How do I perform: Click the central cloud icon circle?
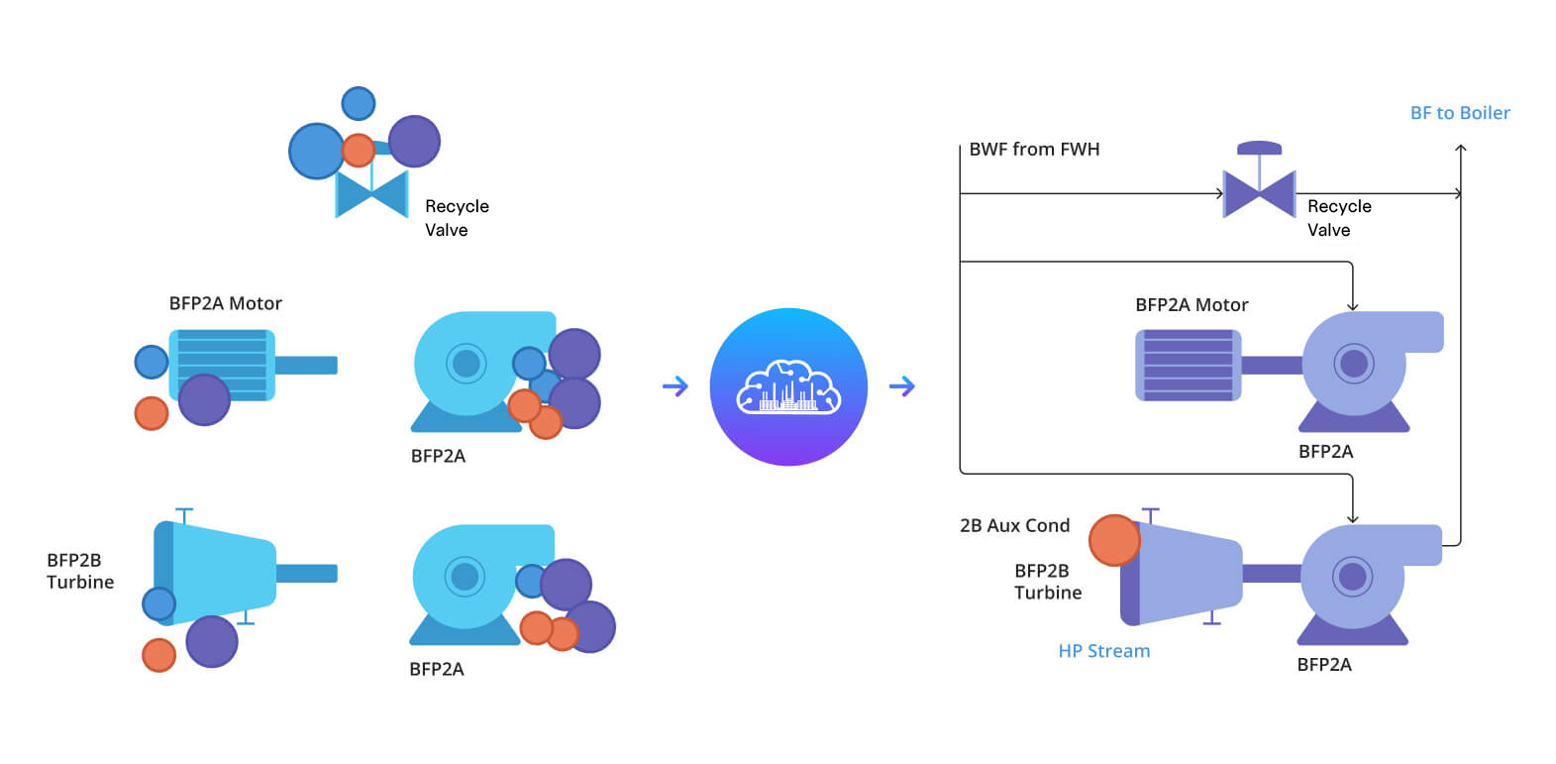point(788,386)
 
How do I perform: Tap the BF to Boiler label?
point(1459,113)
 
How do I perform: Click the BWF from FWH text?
point(1033,150)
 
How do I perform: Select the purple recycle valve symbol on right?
point(1259,192)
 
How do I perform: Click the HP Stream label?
point(1103,651)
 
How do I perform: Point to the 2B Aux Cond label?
point(1014,525)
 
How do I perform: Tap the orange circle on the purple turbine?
point(1114,540)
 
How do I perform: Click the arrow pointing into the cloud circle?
point(674,386)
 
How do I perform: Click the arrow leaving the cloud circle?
point(901,386)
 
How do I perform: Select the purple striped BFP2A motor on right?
point(1187,365)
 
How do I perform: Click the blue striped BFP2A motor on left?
point(222,365)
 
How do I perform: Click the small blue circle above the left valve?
point(359,103)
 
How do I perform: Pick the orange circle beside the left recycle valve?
point(358,151)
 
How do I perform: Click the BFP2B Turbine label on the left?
point(79,571)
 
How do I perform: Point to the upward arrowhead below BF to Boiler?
point(1460,149)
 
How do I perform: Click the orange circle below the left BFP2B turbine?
point(158,655)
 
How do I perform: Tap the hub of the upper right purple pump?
point(1353,364)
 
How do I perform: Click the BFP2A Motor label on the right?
point(1191,305)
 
